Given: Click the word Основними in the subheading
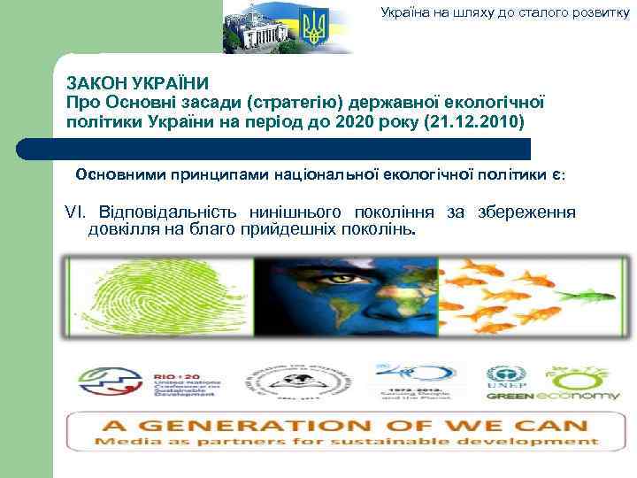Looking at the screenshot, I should click(119, 173).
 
